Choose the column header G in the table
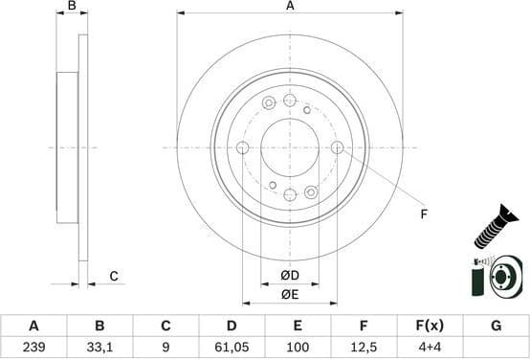pyautogui.click(x=496, y=326)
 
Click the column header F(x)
pyautogui.click(x=430, y=326)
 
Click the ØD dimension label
pyautogui.click(x=289, y=277)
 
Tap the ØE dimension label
pyautogui.click(x=289, y=295)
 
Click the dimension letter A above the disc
pyautogui.click(x=290, y=7)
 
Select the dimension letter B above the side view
pyautogui.click(x=72, y=7)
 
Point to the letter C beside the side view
pyautogui.click(x=113, y=277)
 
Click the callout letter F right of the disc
pyautogui.click(x=422, y=214)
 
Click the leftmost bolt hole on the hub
pyautogui.click(x=242, y=147)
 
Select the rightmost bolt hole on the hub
pyautogui.click(x=337, y=147)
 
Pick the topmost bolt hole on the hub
pyautogui.click(x=290, y=101)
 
